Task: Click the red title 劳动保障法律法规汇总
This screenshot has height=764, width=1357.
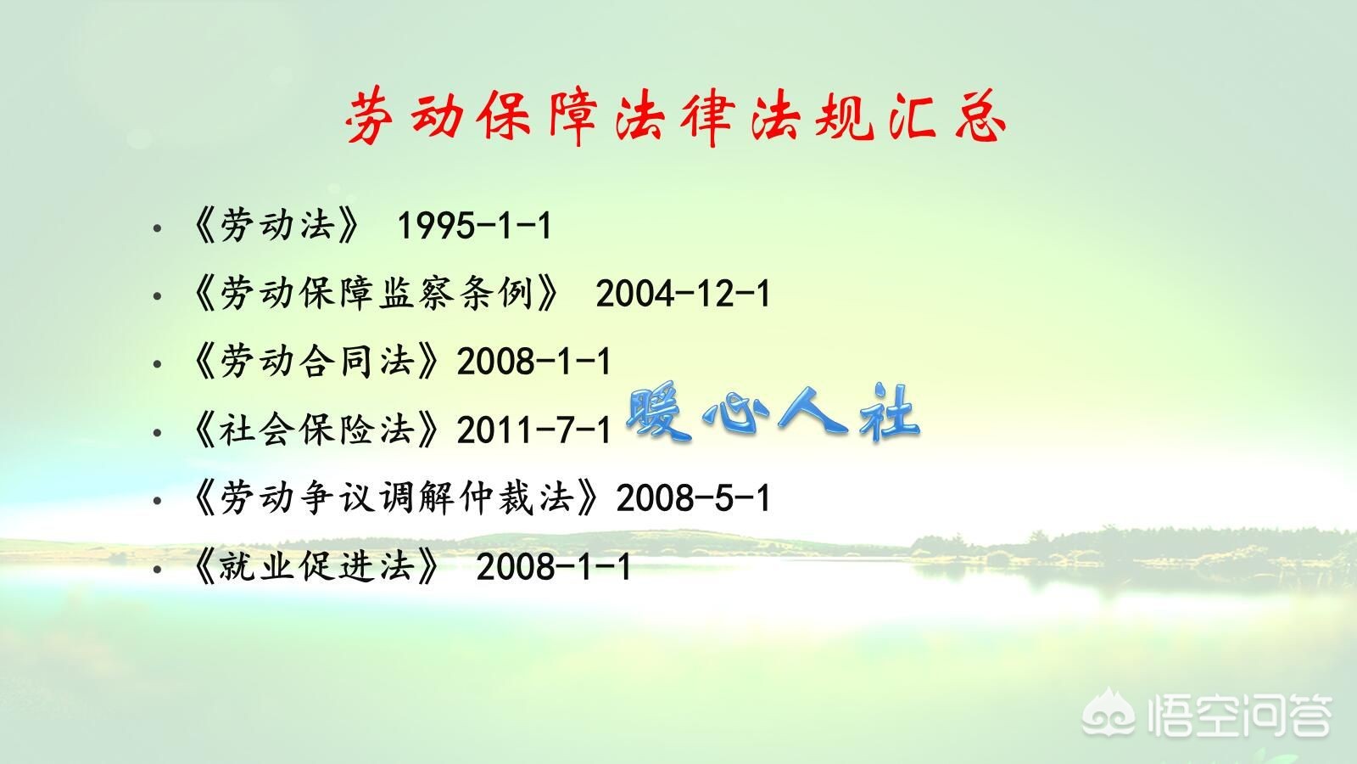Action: [676, 118]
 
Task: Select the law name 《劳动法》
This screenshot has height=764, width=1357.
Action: [276, 226]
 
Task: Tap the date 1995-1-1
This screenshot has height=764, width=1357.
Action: [474, 226]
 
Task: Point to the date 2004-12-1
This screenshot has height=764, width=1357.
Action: [683, 294]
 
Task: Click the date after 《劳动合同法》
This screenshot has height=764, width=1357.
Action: [533, 362]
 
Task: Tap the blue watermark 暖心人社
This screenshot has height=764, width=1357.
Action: [773, 413]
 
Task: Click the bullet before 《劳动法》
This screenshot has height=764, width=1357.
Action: [157, 228]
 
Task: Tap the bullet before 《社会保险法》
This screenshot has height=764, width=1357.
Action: [157, 432]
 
